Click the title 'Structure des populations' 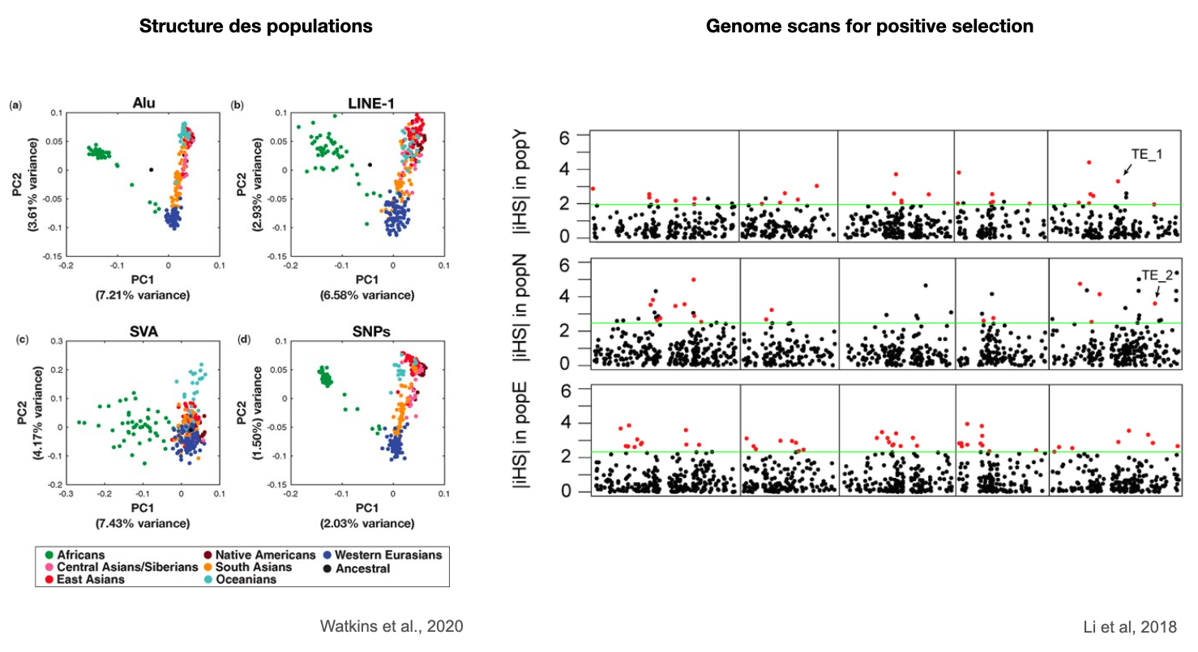click(x=256, y=26)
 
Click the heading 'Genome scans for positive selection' click(x=870, y=26)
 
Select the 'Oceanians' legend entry click(x=261, y=579)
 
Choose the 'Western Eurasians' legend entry click(x=385, y=555)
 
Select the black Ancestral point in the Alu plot click(x=151, y=169)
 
